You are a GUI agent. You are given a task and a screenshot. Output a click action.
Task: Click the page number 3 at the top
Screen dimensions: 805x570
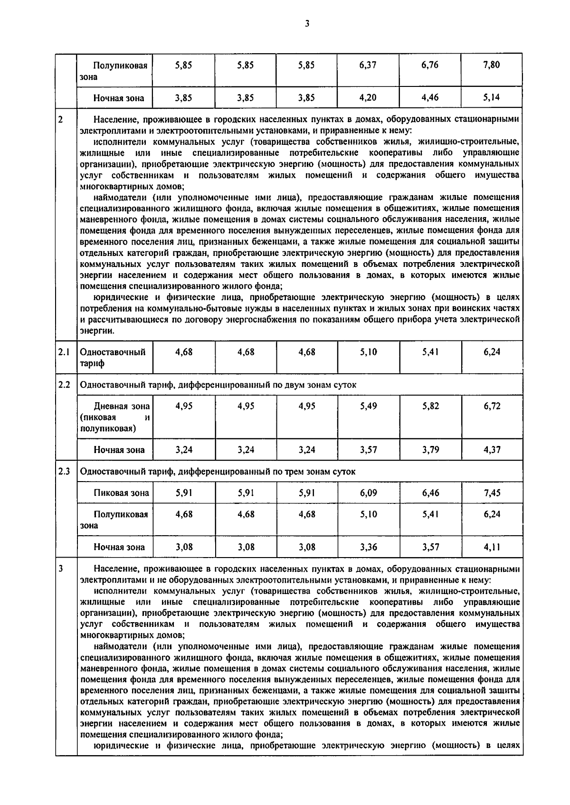point(307,23)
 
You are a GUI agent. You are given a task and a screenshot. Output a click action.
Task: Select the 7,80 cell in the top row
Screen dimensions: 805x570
point(492,66)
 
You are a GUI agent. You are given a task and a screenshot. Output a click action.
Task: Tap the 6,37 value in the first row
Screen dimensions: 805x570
point(368,66)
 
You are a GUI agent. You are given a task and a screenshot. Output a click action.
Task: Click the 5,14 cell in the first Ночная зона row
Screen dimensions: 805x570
point(492,98)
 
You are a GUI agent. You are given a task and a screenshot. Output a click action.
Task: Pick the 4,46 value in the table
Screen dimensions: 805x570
point(430,98)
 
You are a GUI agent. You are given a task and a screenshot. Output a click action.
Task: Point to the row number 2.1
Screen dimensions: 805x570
point(64,352)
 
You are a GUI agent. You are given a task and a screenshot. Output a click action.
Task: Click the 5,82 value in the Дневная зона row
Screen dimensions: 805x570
point(430,406)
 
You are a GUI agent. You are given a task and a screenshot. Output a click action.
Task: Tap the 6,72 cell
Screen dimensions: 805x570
point(492,406)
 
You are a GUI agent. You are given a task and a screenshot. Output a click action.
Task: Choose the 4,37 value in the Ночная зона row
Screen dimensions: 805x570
point(492,450)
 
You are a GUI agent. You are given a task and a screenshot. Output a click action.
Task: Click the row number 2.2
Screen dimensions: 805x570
point(65,385)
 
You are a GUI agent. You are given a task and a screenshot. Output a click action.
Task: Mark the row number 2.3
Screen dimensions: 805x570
point(65,472)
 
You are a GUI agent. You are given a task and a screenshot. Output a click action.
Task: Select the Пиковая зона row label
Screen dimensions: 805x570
point(121,493)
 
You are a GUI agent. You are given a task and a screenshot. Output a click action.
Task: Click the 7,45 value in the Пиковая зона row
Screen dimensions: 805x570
point(492,493)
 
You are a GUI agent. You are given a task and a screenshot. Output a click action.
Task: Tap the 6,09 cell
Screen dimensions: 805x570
point(368,493)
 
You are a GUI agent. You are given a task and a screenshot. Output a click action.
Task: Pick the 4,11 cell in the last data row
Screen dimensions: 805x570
point(492,547)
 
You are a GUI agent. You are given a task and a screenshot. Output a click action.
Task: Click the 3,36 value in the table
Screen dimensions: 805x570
point(368,547)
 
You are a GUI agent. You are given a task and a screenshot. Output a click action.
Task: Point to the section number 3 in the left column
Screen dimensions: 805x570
point(61,568)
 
